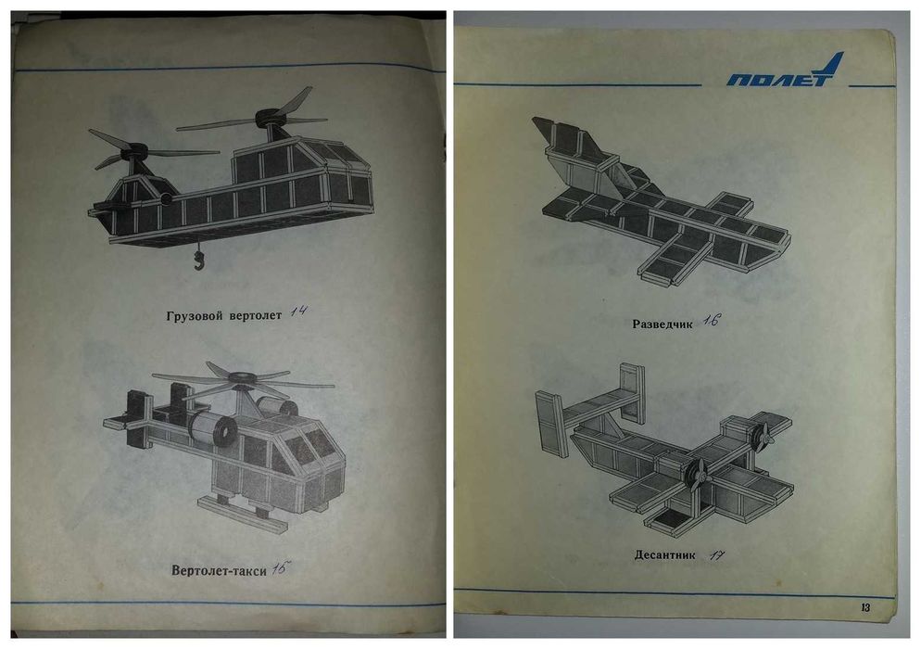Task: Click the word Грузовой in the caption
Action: (x=195, y=316)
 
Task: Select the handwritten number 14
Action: (x=298, y=312)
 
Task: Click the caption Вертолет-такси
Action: (x=219, y=570)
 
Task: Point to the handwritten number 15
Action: (x=282, y=568)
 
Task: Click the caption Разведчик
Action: (x=662, y=324)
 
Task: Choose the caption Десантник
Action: (x=665, y=555)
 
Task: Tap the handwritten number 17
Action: (x=716, y=555)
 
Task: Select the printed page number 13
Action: (x=864, y=608)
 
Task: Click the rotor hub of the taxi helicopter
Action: (x=240, y=378)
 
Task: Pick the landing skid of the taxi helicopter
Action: (x=242, y=515)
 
